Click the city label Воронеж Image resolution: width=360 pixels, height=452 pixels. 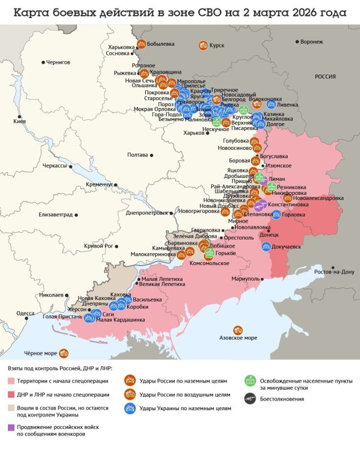click(311, 42)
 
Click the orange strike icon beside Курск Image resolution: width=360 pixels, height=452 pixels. click(202, 45)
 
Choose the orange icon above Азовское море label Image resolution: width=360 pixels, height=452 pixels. click(238, 329)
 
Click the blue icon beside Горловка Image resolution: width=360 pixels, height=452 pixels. click(276, 214)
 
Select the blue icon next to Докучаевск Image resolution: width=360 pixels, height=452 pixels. click(266, 246)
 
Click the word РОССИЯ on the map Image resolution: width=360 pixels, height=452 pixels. click(325, 77)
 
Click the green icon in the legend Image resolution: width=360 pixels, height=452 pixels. click(248, 381)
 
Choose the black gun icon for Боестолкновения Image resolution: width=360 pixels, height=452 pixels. click(248, 399)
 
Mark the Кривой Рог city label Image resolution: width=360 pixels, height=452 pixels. click(98, 246)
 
